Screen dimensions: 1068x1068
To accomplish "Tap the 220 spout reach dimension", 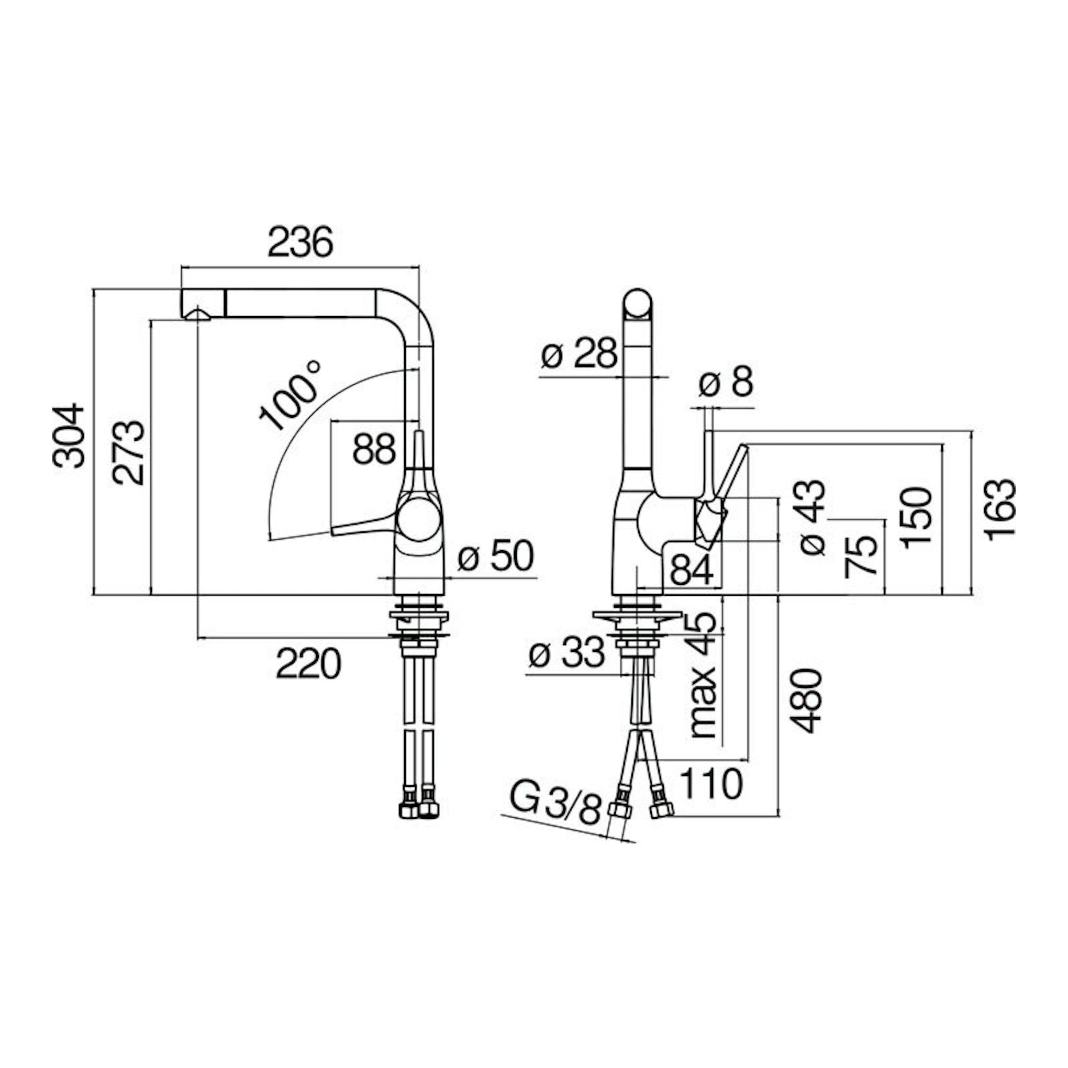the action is tap(308, 664).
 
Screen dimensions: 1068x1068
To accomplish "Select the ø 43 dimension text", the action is tap(813, 517).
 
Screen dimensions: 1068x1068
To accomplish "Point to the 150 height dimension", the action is tap(916, 518).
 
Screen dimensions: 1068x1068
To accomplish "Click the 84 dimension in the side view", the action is tap(692, 570).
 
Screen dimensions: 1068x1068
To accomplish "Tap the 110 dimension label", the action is tap(710, 783).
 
